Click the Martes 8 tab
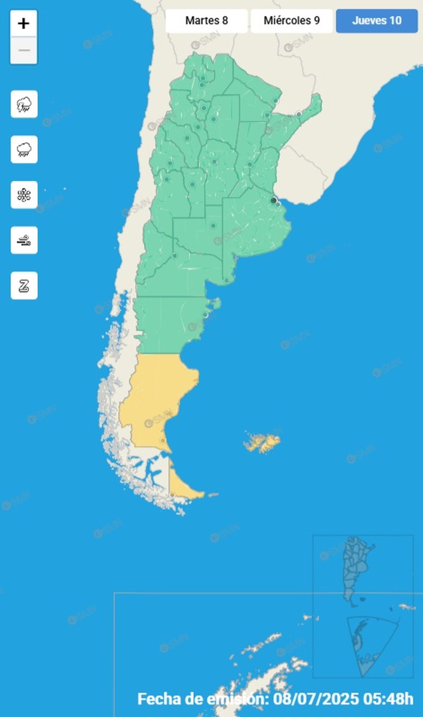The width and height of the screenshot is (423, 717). pos(207,21)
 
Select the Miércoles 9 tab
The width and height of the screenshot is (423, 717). pos(292,21)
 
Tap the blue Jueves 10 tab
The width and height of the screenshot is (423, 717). pos(376,21)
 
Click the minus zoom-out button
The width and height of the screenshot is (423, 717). pos(24,50)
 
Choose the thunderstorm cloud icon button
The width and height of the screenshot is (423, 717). pos(24,104)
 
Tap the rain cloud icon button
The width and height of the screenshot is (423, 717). pos(24,149)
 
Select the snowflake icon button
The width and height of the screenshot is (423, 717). pos(24,195)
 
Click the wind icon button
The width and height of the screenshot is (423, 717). pos(24,240)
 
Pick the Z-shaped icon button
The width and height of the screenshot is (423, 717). pos(24,286)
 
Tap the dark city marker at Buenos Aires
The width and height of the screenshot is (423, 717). pos(273,201)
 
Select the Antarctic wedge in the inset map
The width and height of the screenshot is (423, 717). pos(367,645)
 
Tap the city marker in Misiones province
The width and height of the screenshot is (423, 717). pos(299,114)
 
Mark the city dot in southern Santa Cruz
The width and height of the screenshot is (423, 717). pos(163,440)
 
